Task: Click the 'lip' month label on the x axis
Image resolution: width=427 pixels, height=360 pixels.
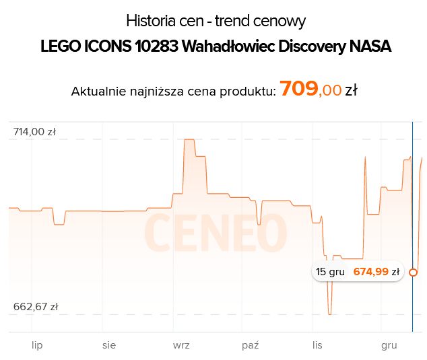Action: click(37, 345)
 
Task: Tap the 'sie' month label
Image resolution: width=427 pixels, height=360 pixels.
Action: click(109, 345)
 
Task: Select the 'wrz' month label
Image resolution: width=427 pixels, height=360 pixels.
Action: click(181, 345)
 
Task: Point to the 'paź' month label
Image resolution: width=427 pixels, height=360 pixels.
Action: click(250, 345)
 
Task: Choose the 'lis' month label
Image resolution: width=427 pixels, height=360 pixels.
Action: click(318, 345)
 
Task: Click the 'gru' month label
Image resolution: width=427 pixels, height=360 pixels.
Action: click(389, 345)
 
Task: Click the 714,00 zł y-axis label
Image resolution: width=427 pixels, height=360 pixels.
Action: click(34, 132)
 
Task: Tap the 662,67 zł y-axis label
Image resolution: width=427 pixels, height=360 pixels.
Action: click(36, 307)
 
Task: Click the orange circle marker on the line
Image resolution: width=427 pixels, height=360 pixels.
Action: click(413, 273)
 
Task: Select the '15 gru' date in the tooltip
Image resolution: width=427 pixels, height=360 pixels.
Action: click(330, 272)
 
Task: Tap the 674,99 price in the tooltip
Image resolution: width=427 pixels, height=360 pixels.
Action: click(371, 272)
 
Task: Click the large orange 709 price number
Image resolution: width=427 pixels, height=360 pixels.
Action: click(298, 89)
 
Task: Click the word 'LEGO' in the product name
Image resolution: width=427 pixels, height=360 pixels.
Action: click(59, 48)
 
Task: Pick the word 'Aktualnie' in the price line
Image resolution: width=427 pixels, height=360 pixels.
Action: click(98, 92)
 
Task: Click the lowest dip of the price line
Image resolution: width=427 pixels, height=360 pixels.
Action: click(330, 314)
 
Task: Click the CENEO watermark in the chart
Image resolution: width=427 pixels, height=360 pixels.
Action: click(215, 233)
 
